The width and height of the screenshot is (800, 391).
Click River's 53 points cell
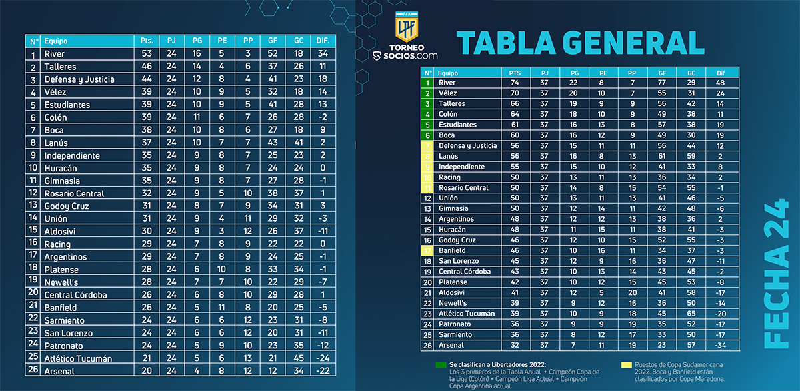(x=147, y=54)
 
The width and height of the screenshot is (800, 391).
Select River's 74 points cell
(x=514, y=83)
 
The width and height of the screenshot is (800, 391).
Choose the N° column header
(x=33, y=41)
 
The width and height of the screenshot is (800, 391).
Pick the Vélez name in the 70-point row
(x=447, y=93)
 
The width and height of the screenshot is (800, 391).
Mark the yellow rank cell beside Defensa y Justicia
(x=427, y=146)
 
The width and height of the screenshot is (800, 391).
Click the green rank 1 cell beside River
(x=427, y=83)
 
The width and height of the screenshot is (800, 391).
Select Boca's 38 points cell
(x=147, y=130)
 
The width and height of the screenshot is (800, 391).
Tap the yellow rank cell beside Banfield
(x=427, y=250)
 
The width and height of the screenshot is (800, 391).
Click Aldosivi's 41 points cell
(x=514, y=292)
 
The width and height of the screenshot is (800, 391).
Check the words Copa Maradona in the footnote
(x=686, y=379)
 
